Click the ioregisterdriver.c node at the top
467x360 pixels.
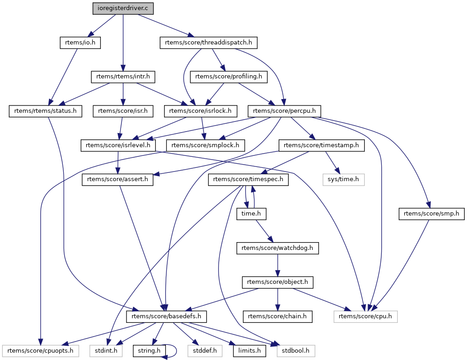click(123, 8)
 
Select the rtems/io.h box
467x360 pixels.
click(80, 43)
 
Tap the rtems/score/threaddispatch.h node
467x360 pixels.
click(209, 43)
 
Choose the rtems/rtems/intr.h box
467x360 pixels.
click(123, 76)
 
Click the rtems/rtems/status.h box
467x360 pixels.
click(45, 111)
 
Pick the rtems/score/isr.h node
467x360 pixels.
click(123, 111)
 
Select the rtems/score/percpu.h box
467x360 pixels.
click(284, 111)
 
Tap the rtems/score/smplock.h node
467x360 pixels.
click(205, 145)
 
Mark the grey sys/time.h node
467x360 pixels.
click(344, 179)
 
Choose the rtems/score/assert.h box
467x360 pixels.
click(118, 179)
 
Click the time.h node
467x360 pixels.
click(251, 214)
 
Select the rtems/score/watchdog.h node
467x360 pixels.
click(277, 248)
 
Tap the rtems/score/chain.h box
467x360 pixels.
click(277, 316)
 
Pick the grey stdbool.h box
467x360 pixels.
click(296, 351)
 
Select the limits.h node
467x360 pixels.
click(250, 351)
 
